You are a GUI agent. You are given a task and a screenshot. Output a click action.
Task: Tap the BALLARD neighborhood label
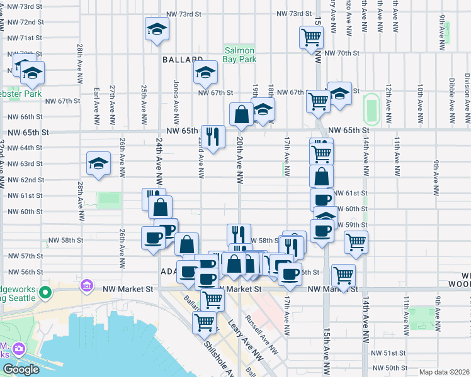click(x=176, y=60)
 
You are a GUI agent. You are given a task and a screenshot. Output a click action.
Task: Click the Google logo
click(x=21, y=369)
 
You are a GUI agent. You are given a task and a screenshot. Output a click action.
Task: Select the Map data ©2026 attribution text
click(x=445, y=372)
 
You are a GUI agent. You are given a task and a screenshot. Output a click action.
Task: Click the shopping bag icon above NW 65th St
click(x=241, y=114)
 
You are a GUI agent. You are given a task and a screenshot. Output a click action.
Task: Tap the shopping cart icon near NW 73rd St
click(x=310, y=38)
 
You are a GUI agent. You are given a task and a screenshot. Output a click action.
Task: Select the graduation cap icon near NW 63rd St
click(x=98, y=164)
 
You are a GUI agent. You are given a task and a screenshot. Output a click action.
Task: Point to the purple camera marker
click(x=19, y=349)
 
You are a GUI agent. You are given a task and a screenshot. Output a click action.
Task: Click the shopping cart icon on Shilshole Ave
click(x=204, y=324)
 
